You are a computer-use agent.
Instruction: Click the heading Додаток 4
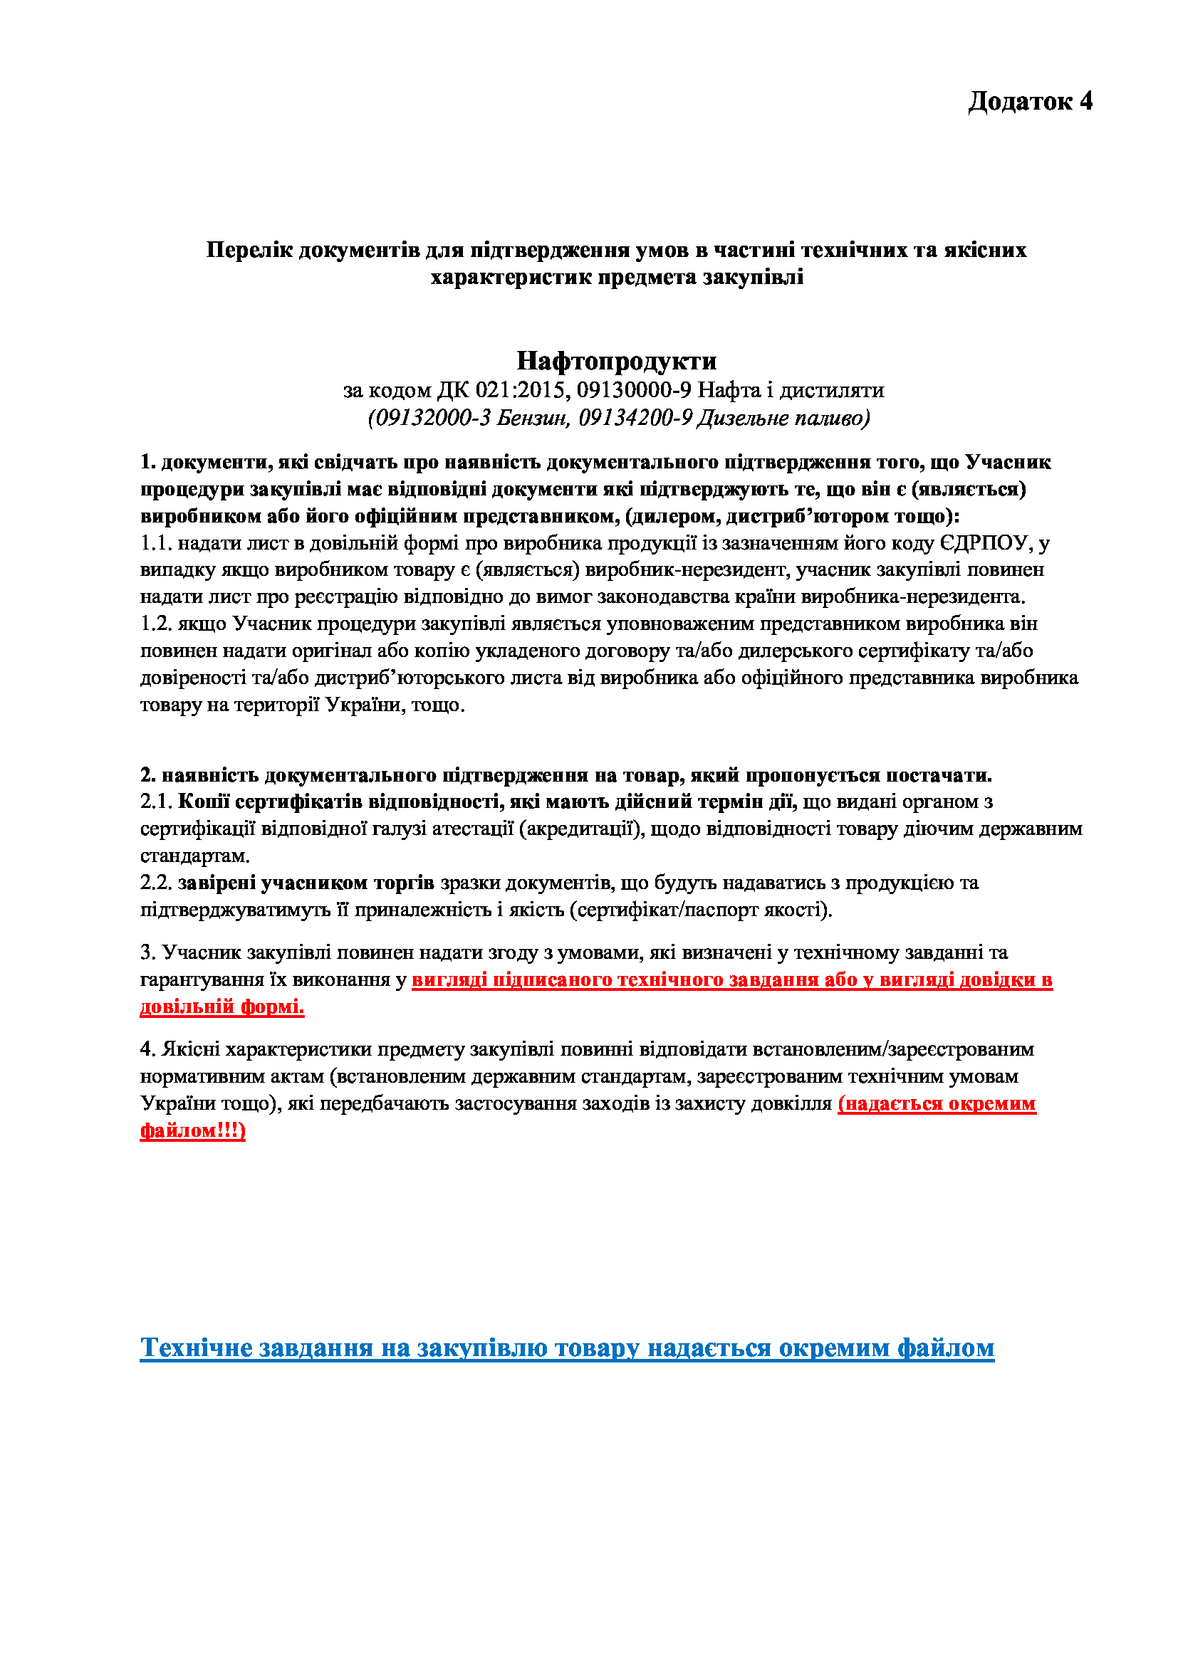tap(1029, 101)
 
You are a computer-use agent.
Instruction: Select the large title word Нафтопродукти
tap(617, 360)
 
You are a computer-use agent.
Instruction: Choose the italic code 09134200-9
tap(635, 418)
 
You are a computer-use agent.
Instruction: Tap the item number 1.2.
tap(156, 624)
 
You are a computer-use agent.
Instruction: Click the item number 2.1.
tap(156, 802)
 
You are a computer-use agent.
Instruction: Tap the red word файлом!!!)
tap(193, 1130)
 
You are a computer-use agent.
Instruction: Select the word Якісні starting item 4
tap(190, 1049)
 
